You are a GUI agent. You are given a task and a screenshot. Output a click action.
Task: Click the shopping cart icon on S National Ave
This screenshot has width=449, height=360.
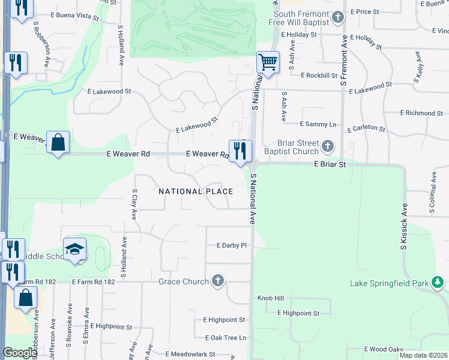click(x=268, y=61)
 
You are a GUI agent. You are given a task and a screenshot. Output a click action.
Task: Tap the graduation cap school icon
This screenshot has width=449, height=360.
click(x=75, y=250)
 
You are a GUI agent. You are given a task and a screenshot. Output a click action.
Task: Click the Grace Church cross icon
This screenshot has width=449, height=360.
click(x=218, y=281)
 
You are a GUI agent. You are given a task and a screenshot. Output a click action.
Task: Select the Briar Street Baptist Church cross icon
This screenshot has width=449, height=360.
click(x=328, y=146)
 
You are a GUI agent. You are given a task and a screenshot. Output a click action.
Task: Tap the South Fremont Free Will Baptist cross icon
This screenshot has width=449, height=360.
click(x=339, y=17)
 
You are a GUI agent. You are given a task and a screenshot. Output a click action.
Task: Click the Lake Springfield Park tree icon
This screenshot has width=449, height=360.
click(x=438, y=281)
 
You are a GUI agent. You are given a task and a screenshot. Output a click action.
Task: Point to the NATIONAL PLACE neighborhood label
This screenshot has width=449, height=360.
click(x=196, y=191)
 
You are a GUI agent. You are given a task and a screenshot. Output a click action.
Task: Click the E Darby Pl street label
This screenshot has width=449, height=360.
click(x=232, y=245)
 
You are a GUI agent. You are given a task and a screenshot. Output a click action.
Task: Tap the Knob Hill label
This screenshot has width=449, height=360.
click(x=270, y=298)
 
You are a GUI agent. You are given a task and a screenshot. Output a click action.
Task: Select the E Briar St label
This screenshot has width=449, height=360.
click(x=330, y=164)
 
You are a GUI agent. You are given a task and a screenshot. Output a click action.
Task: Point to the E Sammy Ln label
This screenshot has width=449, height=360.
click(x=318, y=124)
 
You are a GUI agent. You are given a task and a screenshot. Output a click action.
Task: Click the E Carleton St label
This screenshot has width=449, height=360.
click(x=366, y=128)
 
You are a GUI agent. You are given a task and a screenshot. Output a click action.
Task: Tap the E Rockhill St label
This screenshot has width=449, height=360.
click(x=322, y=76)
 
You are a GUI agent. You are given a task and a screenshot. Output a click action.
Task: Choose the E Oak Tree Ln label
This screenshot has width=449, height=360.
click(x=225, y=338)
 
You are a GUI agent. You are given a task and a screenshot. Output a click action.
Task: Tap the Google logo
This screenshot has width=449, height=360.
click(x=19, y=353)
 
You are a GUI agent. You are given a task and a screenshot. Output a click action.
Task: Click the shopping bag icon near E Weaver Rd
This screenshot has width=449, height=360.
click(x=58, y=142)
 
